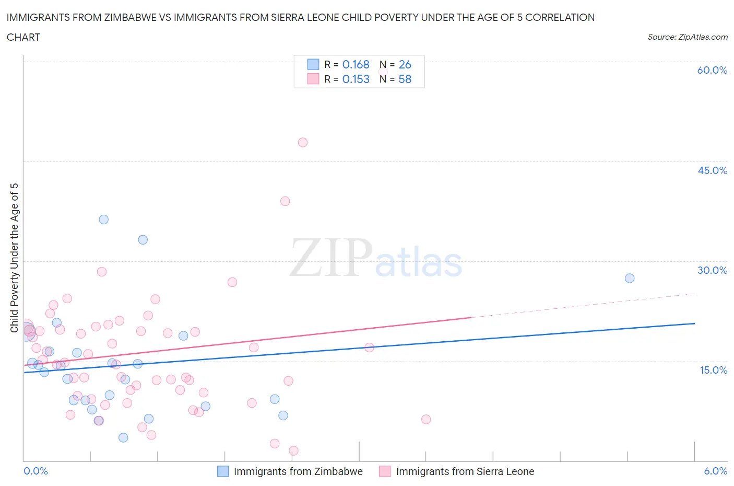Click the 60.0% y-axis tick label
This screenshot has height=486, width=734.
712,70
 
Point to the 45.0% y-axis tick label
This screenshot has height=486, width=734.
712,170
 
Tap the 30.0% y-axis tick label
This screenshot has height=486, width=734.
712,270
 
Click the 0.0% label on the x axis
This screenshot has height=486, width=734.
35,471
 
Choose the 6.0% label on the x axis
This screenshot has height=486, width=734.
715,471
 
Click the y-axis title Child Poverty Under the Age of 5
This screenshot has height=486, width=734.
14,258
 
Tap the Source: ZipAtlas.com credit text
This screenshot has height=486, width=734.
687,37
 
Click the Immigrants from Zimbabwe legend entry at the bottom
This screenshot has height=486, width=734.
290,471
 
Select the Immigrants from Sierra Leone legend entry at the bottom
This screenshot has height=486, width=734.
457,471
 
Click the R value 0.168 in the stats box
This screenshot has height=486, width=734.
356,64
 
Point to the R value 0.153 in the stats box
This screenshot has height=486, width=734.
356,79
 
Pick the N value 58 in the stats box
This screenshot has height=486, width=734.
405,79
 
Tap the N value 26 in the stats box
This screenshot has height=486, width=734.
405,64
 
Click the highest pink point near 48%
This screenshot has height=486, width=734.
303,142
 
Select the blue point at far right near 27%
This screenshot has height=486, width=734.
630,278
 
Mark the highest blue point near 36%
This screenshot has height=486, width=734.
104,219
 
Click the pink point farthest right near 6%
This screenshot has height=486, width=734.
426,419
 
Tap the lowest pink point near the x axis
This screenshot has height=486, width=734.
293,450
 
